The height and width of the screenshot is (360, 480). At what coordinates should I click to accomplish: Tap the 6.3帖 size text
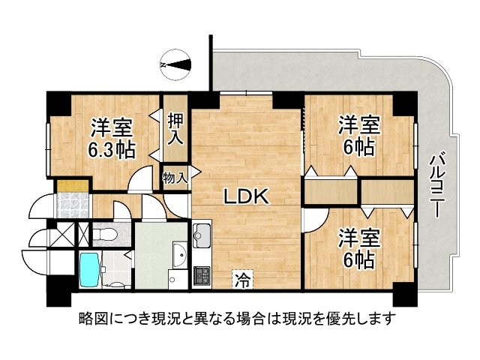point(113,149)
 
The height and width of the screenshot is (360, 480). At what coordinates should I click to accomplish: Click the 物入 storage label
point(175,178)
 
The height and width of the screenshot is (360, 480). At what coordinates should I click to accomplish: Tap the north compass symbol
point(178,66)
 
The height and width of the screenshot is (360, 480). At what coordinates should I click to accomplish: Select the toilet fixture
point(105,234)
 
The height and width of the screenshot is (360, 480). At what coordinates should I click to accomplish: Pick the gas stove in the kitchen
point(202,275)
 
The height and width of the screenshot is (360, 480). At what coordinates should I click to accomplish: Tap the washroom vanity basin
point(178,256)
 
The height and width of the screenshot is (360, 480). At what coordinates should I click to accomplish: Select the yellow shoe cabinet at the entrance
point(72,184)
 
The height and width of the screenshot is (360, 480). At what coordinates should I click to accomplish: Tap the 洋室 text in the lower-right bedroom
point(355,237)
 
